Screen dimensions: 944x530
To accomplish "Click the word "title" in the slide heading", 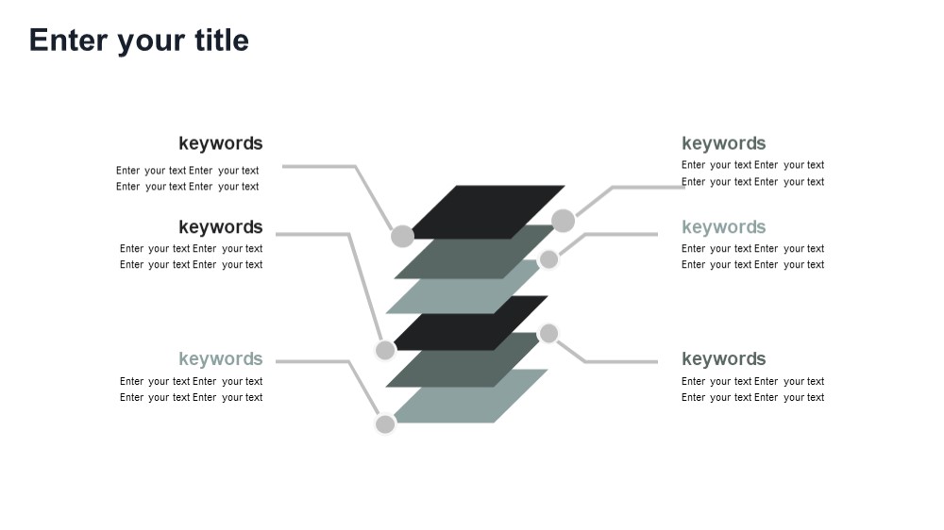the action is coord(222,41).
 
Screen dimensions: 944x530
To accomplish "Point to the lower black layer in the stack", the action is coord(470,323).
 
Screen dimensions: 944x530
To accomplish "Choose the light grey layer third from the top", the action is coord(464,287).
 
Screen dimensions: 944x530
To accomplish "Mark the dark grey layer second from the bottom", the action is coord(464,359).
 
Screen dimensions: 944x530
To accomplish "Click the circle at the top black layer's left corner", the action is coord(402,236).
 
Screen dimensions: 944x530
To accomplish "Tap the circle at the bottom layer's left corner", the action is coord(385,424).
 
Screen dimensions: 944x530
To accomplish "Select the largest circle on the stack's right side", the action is coord(563,221).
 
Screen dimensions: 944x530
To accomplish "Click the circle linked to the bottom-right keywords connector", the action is coord(548,333).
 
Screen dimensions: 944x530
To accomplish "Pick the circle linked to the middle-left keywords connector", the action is coord(385,350).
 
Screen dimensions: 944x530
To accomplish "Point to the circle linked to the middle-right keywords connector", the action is coord(548,260).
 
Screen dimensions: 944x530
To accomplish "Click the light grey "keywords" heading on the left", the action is coord(220,359).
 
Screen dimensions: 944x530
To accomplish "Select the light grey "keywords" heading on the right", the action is coord(724,227).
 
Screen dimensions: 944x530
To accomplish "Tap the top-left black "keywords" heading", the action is coord(220,143).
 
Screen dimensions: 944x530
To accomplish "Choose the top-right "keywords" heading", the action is coord(724,143).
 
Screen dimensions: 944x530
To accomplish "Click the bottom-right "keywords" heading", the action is coord(724,359).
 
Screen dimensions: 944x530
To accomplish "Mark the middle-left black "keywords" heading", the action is coord(220,227).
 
